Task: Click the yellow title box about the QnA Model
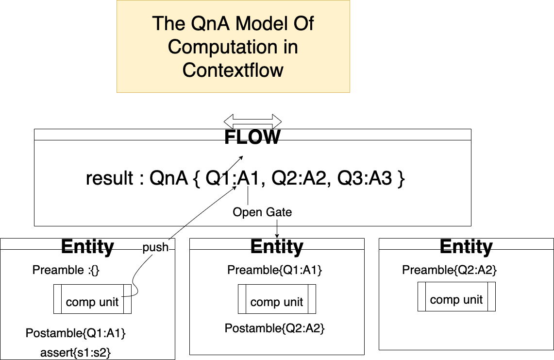click(233, 47)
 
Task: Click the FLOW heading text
click(252, 137)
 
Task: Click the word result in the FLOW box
click(109, 179)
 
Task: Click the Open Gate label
click(262, 212)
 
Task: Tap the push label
click(155, 247)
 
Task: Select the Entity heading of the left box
click(87, 247)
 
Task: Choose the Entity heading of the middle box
click(277, 247)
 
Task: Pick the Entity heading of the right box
click(466, 247)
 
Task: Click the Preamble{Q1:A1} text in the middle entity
click(274, 270)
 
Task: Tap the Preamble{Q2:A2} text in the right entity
click(449, 270)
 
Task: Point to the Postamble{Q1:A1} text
click(76, 334)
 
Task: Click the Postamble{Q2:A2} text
click(274, 329)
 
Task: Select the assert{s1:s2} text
click(76, 352)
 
